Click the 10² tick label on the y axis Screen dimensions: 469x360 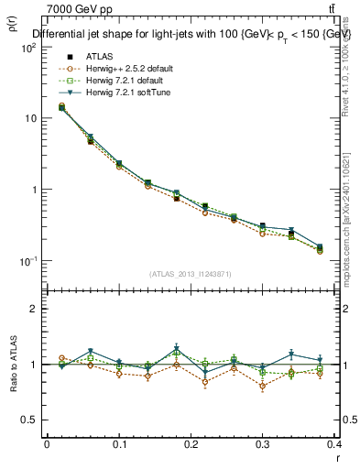click(27, 48)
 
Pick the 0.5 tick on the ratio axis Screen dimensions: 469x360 click(28, 420)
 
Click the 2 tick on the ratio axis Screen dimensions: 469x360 click(33, 309)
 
